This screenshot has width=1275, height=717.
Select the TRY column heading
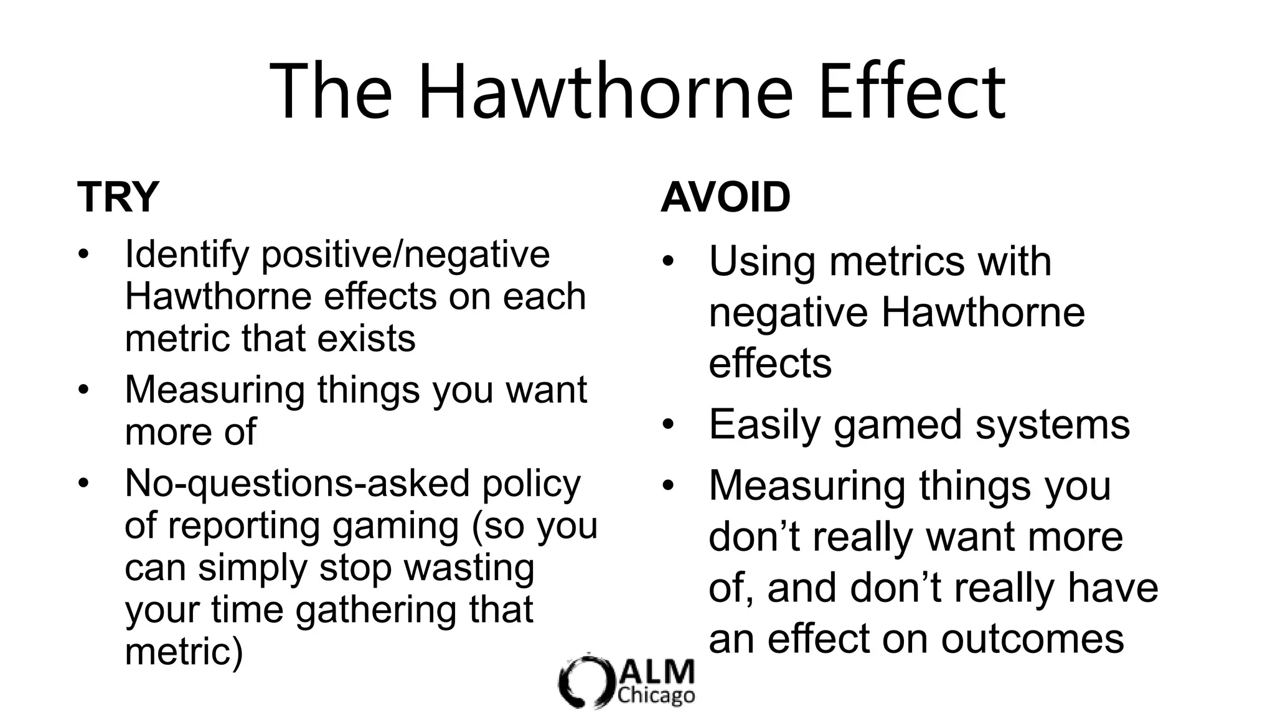click(x=118, y=197)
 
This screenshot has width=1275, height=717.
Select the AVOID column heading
click(x=725, y=197)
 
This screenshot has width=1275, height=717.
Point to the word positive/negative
click(x=405, y=255)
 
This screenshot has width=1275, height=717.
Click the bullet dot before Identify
click(x=84, y=255)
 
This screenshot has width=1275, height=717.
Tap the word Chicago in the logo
click(x=656, y=695)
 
